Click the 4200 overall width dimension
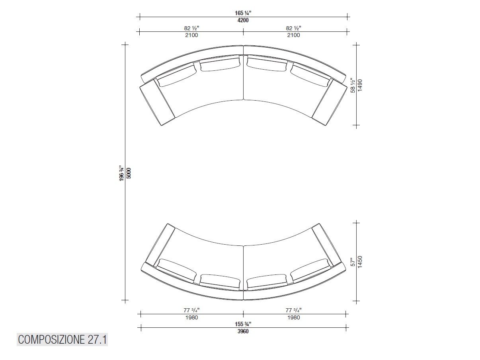243,20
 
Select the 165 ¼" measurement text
243,13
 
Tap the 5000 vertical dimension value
129,173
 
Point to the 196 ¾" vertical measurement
122,173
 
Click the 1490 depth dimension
360,85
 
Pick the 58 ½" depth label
353,85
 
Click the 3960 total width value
243,331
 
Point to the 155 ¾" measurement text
243,324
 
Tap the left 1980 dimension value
191,317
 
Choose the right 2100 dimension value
294,35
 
